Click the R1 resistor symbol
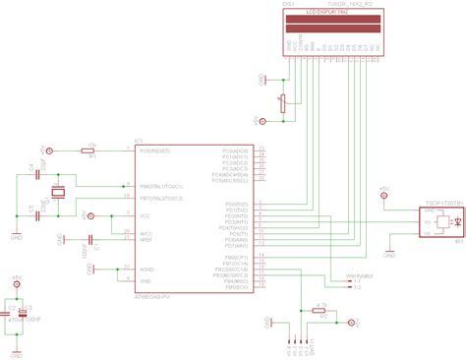(x=87, y=150)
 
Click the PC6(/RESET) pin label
(x=155, y=150)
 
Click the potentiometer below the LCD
(x=284, y=103)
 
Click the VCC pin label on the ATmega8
(x=146, y=215)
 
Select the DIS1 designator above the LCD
(x=289, y=5)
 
